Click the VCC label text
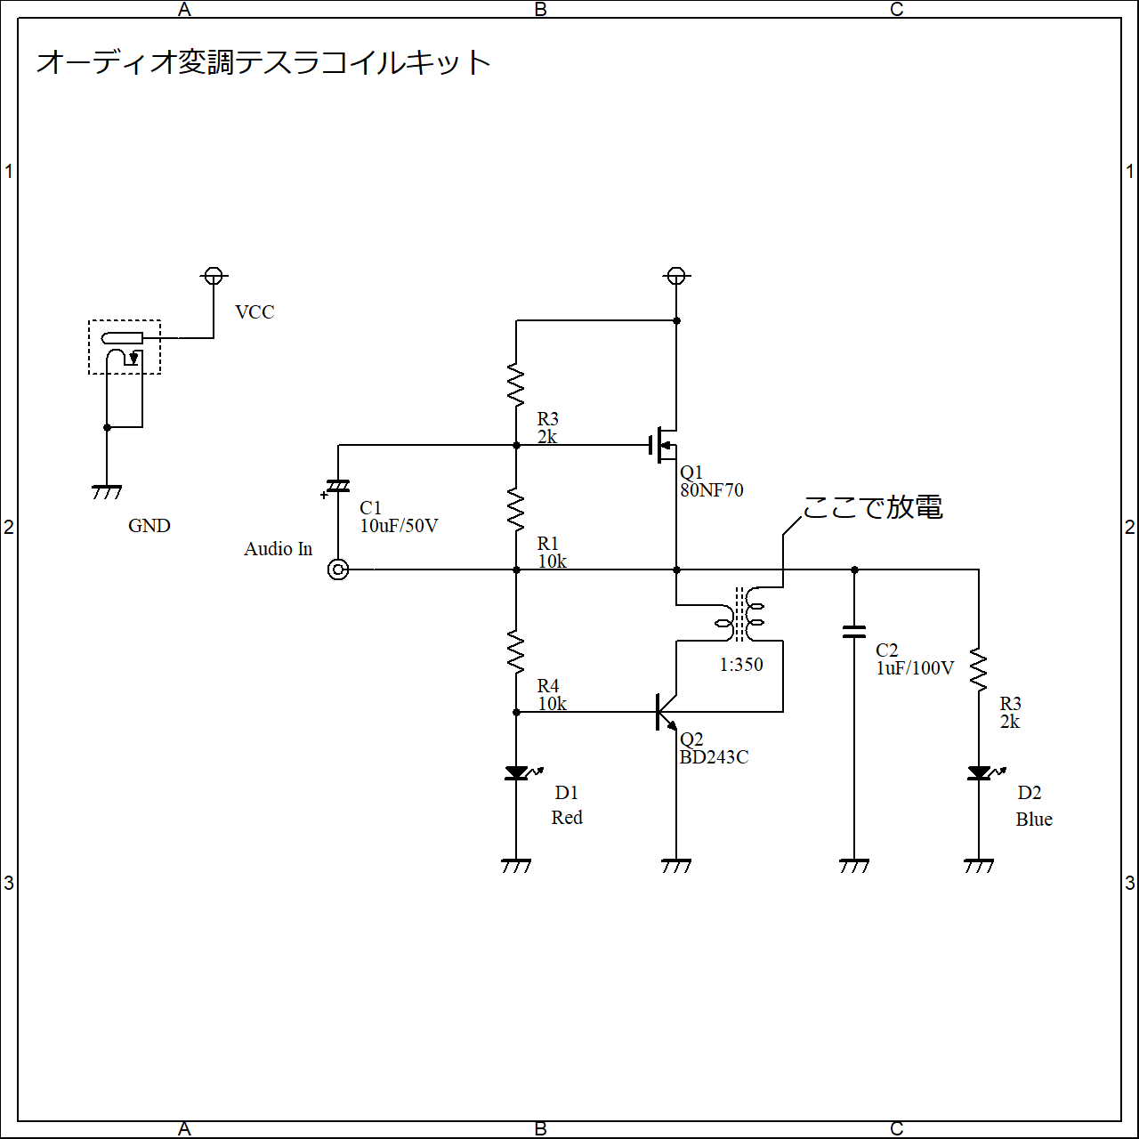[254, 312]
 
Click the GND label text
[149, 526]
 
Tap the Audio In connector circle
[338, 569]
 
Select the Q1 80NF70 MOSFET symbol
[664, 445]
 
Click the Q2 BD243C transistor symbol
[666, 712]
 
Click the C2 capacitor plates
[854, 632]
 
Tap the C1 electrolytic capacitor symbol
[337, 487]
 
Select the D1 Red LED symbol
[520, 772]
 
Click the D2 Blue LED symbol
[982, 772]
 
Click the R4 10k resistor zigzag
[516, 652]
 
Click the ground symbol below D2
[979, 866]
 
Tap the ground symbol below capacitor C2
[854, 866]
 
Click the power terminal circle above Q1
[676, 276]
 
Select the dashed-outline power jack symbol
[125, 347]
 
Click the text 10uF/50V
[399, 526]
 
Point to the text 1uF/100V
[915, 668]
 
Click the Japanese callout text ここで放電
[872, 507]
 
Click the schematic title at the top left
[263, 62]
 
